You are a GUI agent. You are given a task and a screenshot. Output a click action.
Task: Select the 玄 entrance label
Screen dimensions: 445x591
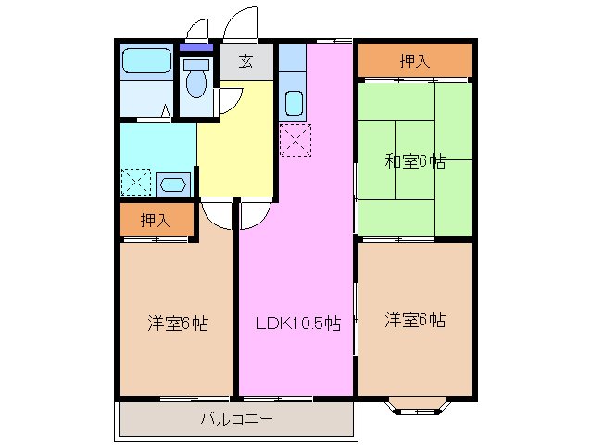click(245, 62)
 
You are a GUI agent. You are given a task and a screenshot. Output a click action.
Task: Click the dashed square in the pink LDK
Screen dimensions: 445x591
click(295, 139)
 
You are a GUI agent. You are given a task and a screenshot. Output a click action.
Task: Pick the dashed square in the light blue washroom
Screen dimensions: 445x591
click(135, 181)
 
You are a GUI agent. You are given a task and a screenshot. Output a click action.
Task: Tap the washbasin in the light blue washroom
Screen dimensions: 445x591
click(174, 183)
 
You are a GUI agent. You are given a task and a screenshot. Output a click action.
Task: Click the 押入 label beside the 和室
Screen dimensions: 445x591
click(414, 61)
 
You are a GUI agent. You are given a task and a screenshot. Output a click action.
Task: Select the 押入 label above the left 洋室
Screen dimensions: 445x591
click(155, 221)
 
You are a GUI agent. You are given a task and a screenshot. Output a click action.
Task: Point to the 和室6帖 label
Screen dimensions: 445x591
click(415, 161)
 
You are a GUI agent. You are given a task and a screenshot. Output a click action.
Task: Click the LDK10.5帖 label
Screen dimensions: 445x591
click(297, 324)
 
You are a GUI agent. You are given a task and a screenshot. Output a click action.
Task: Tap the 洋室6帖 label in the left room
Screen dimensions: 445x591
click(177, 324)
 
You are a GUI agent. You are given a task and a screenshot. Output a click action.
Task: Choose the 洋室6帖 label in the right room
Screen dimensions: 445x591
click(415, 321)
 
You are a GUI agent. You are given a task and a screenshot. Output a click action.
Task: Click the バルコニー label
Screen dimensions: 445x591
click(237, 418)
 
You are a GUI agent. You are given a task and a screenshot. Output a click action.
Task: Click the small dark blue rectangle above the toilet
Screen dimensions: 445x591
click(195, 47)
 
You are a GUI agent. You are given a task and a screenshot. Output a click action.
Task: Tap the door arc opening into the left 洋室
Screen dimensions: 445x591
click(217, 216)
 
